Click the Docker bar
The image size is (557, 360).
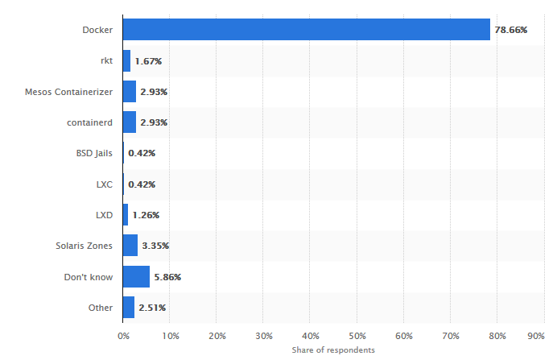[x=306, y=30]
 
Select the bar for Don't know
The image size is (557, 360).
[x=136, y=277]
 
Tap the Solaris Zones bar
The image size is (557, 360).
[x=130, y=246]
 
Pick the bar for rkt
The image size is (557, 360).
[x=126, y=60]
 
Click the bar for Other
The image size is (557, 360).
[x=129, y=308]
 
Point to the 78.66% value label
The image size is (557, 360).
[x=510, y=30]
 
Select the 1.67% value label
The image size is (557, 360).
[x=149, y=60]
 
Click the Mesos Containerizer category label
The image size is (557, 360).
[x=68, y=92]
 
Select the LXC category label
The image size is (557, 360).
[x=104, y=184]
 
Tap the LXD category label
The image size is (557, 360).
[x=104, y=215]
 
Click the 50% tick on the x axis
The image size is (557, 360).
[x=357, y=335]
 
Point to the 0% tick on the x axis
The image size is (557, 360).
[x=123, y=335]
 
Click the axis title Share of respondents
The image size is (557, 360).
[x=333, y=350]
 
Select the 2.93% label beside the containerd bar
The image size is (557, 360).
[x=154, y=122]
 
